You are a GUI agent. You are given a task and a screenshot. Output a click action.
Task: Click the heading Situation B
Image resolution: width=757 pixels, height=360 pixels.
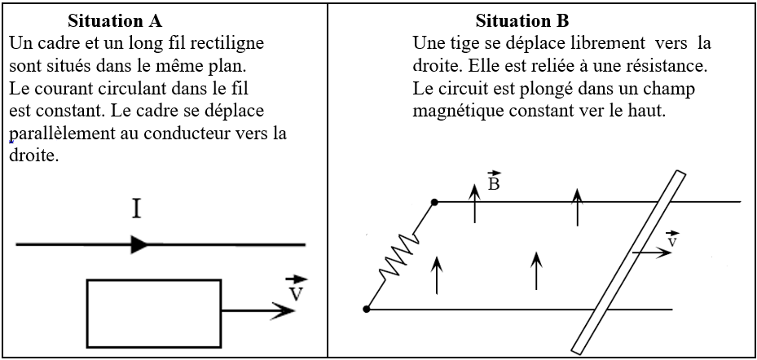(x=526, y=20)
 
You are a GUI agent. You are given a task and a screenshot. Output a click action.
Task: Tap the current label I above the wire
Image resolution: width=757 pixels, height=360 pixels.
(x=137, y=210)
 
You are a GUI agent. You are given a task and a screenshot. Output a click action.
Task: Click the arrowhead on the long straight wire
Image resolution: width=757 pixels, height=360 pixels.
(x=139, y=244)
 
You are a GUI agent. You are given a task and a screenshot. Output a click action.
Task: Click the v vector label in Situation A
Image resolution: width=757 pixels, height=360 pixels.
(x=296, y=288)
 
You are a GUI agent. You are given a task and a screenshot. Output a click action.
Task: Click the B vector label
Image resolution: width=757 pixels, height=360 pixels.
(x=494, y=181)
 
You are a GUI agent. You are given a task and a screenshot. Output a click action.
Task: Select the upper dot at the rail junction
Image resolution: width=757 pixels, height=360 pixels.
(x=434, y=201)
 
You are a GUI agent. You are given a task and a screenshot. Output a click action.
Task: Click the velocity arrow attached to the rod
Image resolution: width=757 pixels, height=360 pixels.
(x=652, y=253)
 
